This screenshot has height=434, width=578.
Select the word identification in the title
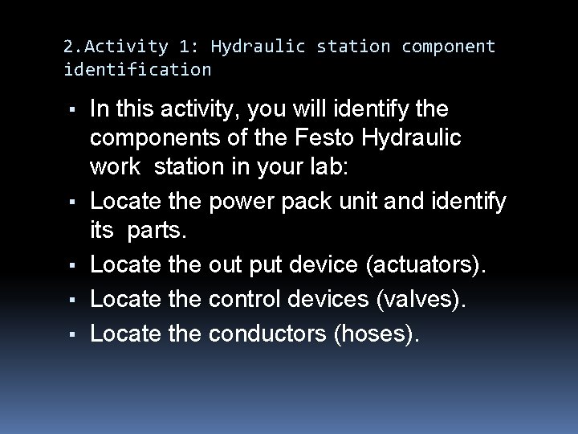click(x=137, y=70)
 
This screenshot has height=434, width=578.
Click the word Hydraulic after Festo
click(x=416, y=137)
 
